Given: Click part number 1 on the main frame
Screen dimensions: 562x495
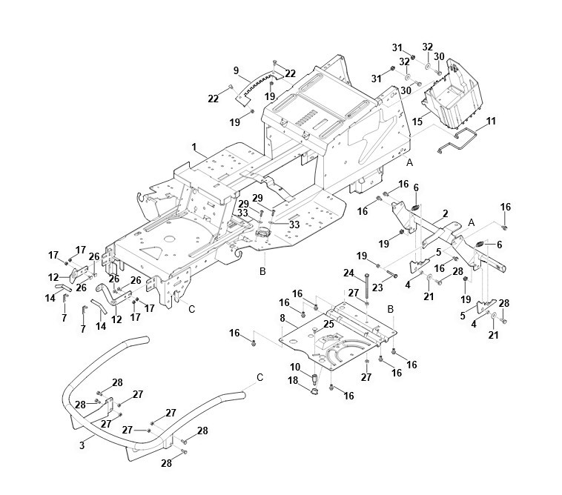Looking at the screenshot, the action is pyautogui.click(x=194, y=147).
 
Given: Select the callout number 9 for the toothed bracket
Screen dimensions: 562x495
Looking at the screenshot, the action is pyautogui.click(x=236, y=70).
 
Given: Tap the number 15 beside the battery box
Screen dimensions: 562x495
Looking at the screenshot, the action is pyautogui.click(x=417, y=122).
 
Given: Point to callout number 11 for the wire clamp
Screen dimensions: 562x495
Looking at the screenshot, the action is pyautogui.click(x=491, y=121).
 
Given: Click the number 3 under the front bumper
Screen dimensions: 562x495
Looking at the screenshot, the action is pyautogui.click(x=82, y=445).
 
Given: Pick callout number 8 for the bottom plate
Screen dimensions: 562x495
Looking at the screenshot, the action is pyautogui.click(x=282, y=318).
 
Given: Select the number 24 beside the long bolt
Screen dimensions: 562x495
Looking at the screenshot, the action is pyautogui.click(x=348, y=273).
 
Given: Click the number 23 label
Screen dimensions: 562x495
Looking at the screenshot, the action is pyautogui.click(x=377, y=288).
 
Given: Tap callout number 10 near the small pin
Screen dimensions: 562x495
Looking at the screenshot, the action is pyautogui.click(x=295, y=367).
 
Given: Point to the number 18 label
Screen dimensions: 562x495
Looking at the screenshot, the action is pyautogui.click(x=293, y=380).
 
